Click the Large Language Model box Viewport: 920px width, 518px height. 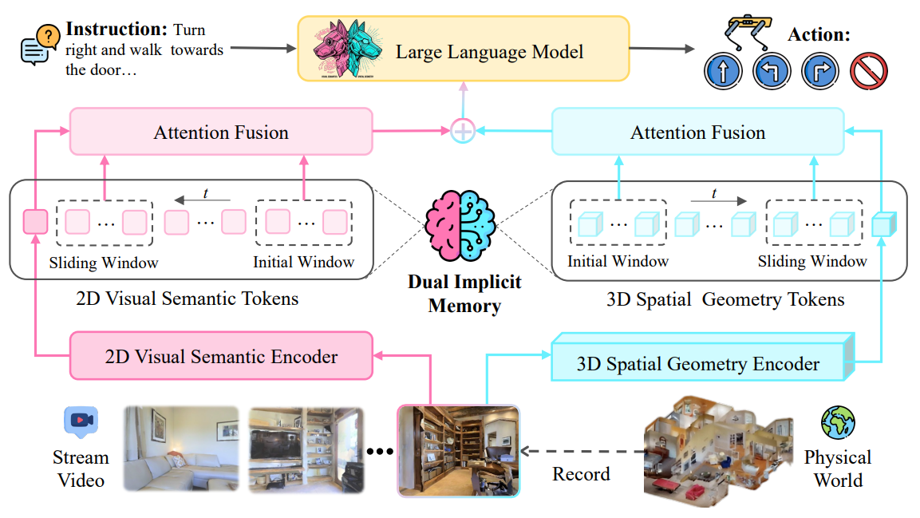[x=464, y=49]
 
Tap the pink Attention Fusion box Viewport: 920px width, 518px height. [x=221, y=132]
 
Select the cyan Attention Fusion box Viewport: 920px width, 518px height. [x=698, y=132]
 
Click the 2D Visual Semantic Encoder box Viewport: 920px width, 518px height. [x=221, y=355]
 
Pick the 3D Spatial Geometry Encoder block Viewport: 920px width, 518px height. [x=702, y=358]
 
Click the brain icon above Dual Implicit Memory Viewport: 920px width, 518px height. [x=461, y=225]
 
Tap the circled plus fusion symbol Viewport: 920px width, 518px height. [x=463, y=131]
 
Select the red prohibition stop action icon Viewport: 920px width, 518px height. [x=869, y=71]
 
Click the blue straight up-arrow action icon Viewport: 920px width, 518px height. [x=723, y=71]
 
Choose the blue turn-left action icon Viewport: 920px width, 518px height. [x=772, y=71]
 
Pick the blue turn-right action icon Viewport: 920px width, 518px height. [x=820, y=71]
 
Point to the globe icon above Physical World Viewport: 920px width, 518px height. [x=838, y=422]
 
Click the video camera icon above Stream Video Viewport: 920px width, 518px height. [x=81, y=421]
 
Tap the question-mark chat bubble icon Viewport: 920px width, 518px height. [x=40, y=45]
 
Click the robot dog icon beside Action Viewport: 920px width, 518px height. [x=748, y=33]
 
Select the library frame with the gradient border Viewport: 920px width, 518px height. [x=458, y=450]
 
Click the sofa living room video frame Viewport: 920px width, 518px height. [x=181, y=449]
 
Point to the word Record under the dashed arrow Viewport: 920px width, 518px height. [x=581, y=473]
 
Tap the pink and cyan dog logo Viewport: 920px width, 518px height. [x=348, y=48]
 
